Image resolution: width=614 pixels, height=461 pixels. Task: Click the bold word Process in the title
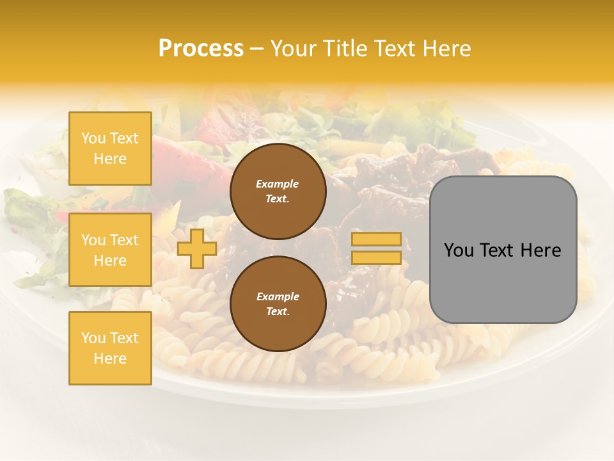click(x=201, y=49)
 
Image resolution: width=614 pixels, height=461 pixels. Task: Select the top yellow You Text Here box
click(x=110, y=149)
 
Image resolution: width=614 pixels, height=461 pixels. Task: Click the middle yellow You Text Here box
click(x=110, y=250)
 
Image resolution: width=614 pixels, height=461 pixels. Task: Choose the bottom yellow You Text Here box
click(x=110, y=348)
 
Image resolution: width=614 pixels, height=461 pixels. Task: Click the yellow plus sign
click(x=196, y=248)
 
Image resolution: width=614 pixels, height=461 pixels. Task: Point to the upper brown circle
click(x=278, y=191)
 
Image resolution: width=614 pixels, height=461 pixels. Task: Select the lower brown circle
click(x=278, y=303)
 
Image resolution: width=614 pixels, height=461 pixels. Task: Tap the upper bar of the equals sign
click(x=377, y=239)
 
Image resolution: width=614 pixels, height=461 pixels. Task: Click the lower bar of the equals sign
click(x=377, y=257)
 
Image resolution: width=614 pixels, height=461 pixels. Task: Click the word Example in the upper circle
click(x=278, y=184)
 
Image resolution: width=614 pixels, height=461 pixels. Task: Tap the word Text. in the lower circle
click(x=278, y=311)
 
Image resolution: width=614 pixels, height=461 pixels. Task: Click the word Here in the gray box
click(x=540, y=250)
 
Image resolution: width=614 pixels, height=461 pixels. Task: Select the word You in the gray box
click(x=459, y=250)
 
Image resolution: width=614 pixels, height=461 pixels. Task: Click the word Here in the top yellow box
click(x=110, y=159)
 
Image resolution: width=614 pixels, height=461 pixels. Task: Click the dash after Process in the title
click(x=257, y=49)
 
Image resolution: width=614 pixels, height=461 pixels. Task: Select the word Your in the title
click(x=294, y=49)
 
